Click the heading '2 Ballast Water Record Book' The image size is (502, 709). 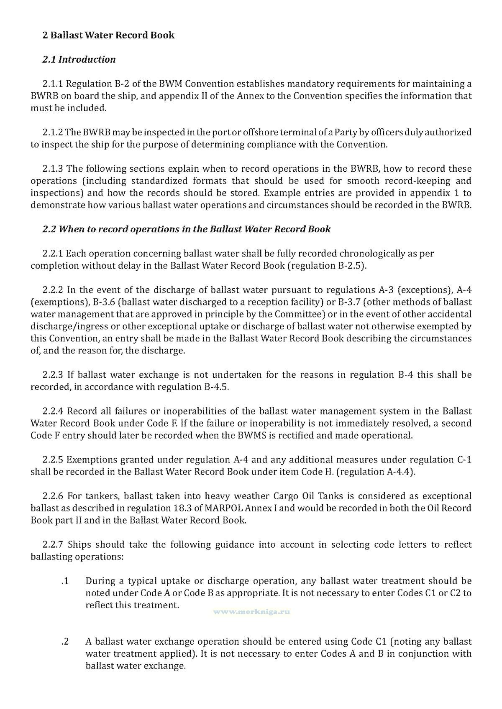[108, 35]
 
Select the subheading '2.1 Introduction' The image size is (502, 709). [79, 59]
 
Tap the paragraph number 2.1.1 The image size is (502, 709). [53, 84]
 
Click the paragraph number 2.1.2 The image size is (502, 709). [53, 132]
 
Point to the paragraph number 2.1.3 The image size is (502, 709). [53, 169]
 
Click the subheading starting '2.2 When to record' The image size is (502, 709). [186, 229]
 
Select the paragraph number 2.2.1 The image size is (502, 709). [53, 254]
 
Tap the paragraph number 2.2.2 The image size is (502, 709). [53, 290]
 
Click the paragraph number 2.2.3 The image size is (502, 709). [53, 375]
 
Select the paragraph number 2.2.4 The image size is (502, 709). [53, 411]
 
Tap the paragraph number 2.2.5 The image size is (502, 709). [53, 460]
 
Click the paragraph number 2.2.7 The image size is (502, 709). [53, 545]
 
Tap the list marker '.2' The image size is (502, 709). [64, 642]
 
